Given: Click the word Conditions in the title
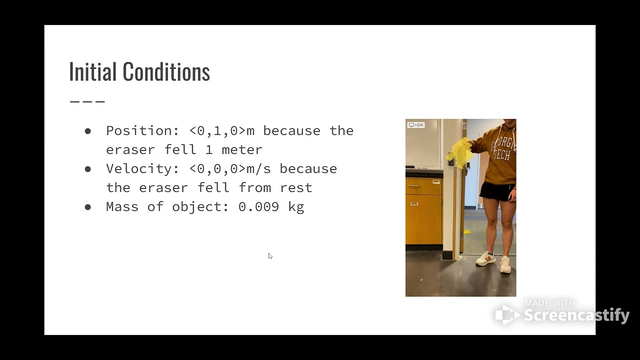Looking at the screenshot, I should pyautogui.click(x=166, y=72).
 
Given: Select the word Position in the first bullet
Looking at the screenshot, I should pyautogui.click(x=138, y=131).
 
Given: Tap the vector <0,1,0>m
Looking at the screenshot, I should pyautogui.click(x=222, y=131).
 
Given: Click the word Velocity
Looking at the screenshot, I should pyautogui.click(x=138, y=169).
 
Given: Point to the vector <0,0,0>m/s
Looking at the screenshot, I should pyautogui.click(x=230, y=169).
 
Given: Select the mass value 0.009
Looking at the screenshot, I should pyautogui.click(x=258, y=207).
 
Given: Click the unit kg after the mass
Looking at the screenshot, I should pyautogui.click(x=296, y=207).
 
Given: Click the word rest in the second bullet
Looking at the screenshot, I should pyautogui.click(x=295, y=188).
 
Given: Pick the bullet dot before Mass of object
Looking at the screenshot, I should pyautogui.click(x=88, y=207).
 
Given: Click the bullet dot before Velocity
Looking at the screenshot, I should pyautogui.click(x=88, y=169).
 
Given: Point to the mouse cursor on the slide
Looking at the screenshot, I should pyautogui.click(x=270, y=256).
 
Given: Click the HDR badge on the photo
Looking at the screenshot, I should pyautogui.click(x=416, y=125).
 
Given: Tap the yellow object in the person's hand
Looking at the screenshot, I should pyautogui.click(x=461, y=152).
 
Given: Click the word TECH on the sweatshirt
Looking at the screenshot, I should pyautogui.click(x=502, y=154).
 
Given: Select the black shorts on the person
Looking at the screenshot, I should pyautogui.click(x=496, y=191).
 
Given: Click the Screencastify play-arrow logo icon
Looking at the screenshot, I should pyautogui.click(x=507, y=314).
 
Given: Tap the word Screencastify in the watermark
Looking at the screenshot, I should pyautogui.click(x=576, y=315).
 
